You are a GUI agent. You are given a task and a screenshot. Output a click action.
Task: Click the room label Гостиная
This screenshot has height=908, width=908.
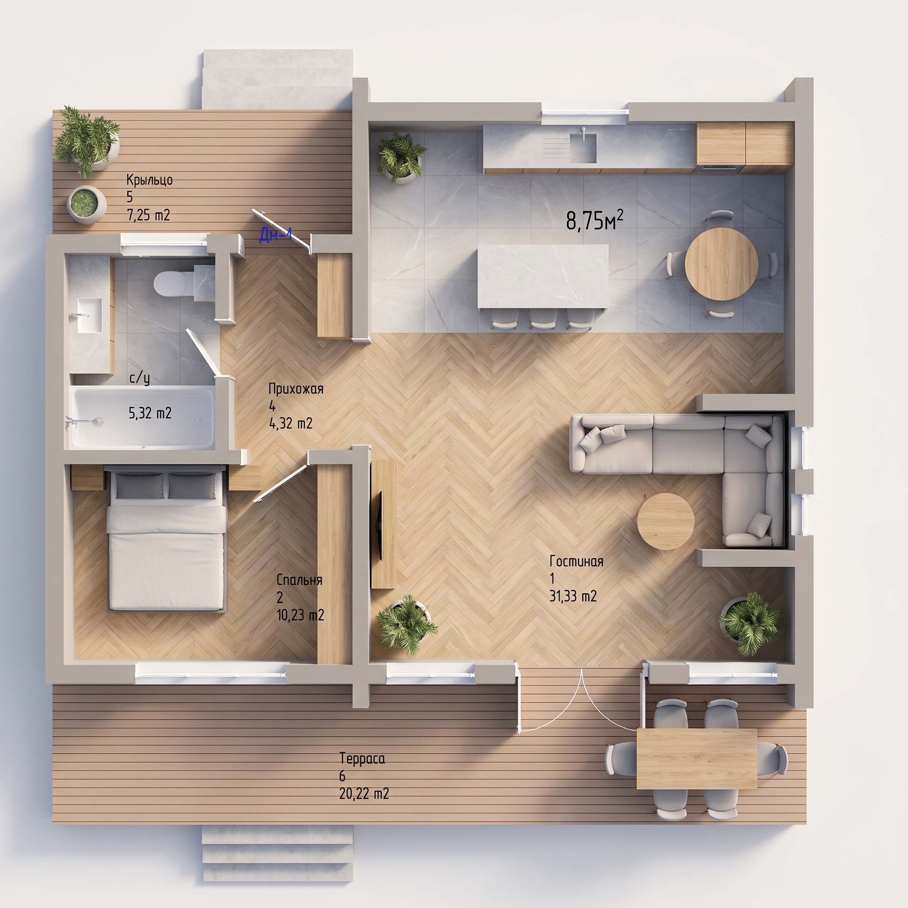click(576, 561)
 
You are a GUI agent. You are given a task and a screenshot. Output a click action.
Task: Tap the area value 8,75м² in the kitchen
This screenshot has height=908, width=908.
click(595, 220)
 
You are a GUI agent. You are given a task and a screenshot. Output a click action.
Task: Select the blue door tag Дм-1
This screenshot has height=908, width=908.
click(276, 235)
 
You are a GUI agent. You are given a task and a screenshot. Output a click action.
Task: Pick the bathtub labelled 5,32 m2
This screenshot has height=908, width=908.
click(142, 417)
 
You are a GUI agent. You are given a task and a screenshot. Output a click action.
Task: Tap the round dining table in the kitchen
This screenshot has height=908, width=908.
click(721, 264)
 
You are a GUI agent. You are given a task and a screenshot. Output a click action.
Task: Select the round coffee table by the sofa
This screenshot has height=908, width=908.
click(665, 521)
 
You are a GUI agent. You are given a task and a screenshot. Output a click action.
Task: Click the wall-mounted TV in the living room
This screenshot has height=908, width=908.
click(380, 525)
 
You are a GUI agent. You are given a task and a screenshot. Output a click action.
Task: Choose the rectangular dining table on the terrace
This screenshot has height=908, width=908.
click(697, 759)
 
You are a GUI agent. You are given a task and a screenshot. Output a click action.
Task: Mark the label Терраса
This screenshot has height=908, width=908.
click(362, 759)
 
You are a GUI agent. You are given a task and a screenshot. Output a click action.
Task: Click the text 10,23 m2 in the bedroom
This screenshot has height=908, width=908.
click(300, 615)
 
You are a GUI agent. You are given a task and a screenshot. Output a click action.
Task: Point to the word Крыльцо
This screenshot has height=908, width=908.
click(149, 180)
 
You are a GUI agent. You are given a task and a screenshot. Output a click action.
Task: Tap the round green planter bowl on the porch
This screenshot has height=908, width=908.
click(86, 204)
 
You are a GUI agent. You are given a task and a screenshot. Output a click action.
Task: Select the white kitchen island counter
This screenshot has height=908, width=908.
click(543, 277)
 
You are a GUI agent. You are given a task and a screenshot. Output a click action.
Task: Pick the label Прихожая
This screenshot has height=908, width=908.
click(296, 389)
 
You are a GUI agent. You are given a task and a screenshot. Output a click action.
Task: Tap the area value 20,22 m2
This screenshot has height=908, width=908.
click(364, 794)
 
